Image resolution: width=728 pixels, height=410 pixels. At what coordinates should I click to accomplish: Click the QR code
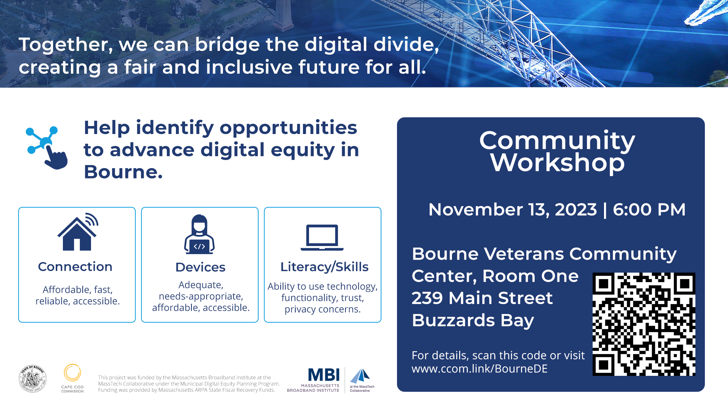click(644, 324)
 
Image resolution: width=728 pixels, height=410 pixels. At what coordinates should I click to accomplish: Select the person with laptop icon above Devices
click(199, 234)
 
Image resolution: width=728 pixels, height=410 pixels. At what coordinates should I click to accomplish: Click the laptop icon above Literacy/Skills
click(322, 238)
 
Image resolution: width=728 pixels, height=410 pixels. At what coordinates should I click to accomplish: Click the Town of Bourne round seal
click(33, 378)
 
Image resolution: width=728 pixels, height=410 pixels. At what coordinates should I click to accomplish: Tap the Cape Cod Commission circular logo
click(72, 373)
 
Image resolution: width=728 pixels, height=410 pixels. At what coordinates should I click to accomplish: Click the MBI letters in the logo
click(324, 375)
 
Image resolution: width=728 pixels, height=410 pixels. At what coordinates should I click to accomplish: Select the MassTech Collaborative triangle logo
click(360, 376)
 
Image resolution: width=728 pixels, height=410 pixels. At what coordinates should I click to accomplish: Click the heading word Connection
click(75, 266)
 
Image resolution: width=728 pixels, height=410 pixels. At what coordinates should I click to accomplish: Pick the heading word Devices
click(200, 267)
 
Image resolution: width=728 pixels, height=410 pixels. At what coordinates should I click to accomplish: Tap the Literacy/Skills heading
click(324, 267)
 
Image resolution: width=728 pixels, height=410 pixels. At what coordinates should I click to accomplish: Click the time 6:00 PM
click(649, 210)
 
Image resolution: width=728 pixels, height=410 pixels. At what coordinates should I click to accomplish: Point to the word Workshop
click(557, 162)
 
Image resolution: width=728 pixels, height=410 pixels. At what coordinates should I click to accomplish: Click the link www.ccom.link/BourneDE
click(480, 369)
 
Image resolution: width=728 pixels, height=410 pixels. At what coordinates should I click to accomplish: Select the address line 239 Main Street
click(482, 298)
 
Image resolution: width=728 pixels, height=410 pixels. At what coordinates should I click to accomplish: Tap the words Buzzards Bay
click(473, 320)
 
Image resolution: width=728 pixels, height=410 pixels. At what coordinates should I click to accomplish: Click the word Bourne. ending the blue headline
click(123, 172)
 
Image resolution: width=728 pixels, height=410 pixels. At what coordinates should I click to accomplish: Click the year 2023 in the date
click(576, 210)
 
